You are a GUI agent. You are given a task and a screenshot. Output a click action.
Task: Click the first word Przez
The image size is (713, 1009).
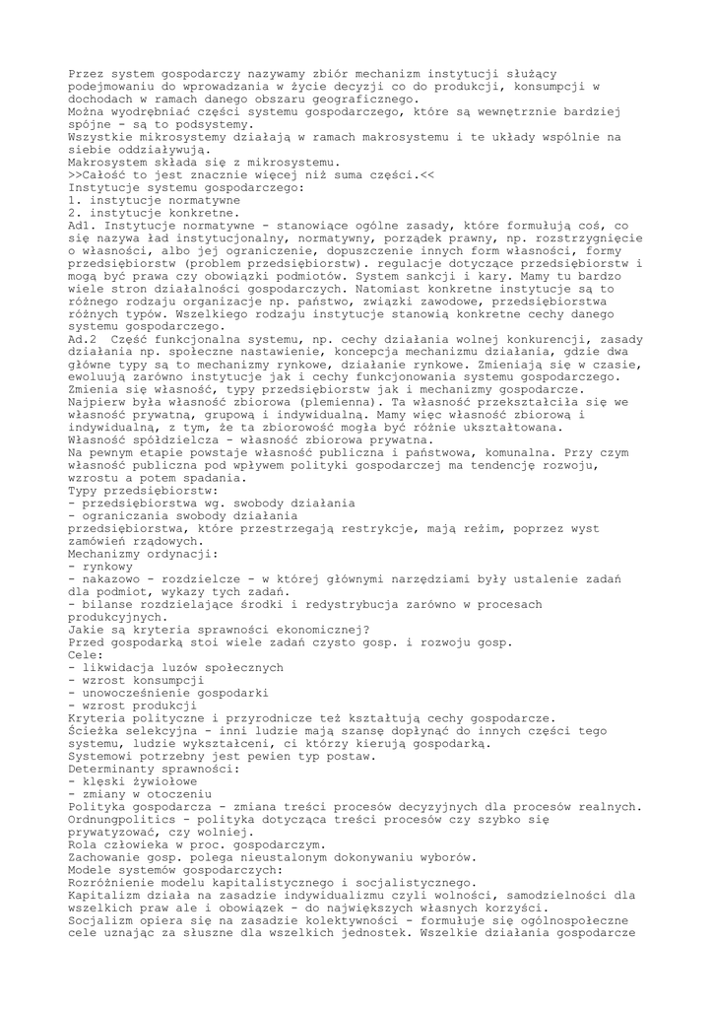[88, 75]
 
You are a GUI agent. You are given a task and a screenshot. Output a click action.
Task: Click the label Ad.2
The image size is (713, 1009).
[84, 339]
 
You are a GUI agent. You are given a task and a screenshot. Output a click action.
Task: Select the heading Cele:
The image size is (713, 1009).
[88, 653]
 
